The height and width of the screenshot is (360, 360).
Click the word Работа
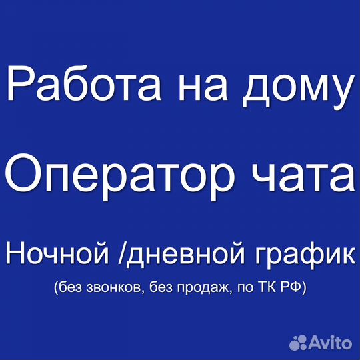point(84,83)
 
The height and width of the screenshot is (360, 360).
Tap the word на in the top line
point(203,87)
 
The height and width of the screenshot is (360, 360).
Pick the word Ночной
point(57,254)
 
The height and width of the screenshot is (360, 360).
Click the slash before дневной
point(121,253)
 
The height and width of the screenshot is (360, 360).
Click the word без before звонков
point(71,287)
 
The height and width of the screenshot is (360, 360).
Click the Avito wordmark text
point(331,343)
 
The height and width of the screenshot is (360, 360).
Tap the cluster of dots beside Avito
point(298,343)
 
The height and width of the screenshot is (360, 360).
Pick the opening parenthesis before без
point(56,288)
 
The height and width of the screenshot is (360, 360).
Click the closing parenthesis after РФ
point(304,288)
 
